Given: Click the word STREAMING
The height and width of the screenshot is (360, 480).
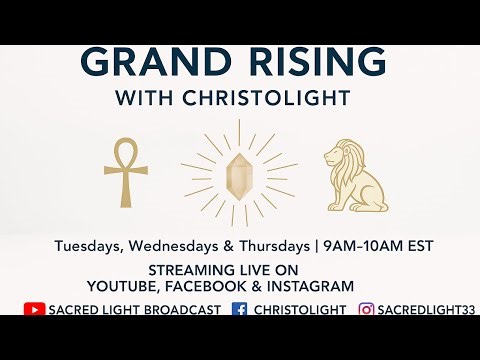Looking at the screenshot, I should point(190,270).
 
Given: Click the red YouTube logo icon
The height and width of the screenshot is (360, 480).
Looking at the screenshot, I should point(33,310).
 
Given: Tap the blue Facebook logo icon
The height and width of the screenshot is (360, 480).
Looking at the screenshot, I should point(239,310).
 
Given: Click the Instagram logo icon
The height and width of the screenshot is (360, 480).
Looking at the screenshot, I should point(366,310).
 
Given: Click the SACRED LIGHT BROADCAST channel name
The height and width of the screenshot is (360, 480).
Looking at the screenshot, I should point(134,310).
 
